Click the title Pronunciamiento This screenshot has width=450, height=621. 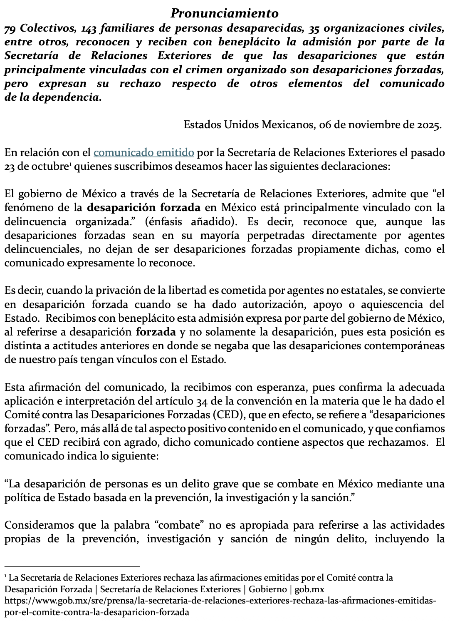pyautogui.click(x=225, y=13)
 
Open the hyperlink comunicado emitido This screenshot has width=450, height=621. pyautogui.click(x=143, y=152)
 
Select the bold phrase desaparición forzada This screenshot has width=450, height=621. pyautogui.click(x=144, y=207)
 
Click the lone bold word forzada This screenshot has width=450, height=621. pyautogui.click(x=156, y=332)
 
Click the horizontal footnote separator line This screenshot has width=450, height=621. pyautogui.click(x=72, y=566)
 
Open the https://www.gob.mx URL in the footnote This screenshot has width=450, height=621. pyautogui.click(x=220, y=601)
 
